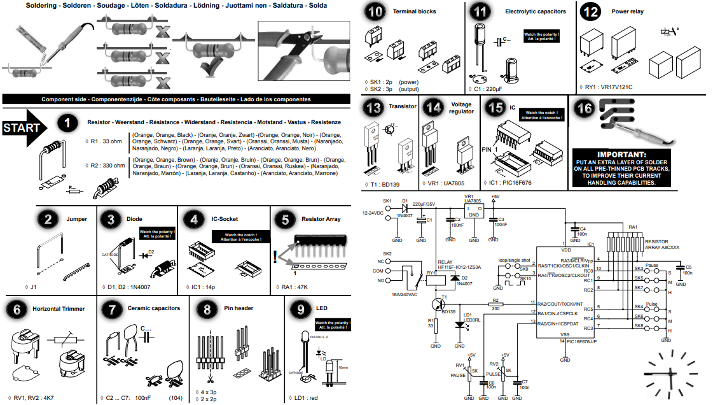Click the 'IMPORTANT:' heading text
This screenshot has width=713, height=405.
[x=621, y=154]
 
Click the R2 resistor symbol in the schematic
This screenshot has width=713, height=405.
[x=495, y=302]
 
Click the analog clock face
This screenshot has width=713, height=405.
[x=672, y=372]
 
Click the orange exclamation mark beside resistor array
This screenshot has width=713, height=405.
[x=275, y=257]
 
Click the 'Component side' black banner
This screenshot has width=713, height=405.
[x=176, y=100]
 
